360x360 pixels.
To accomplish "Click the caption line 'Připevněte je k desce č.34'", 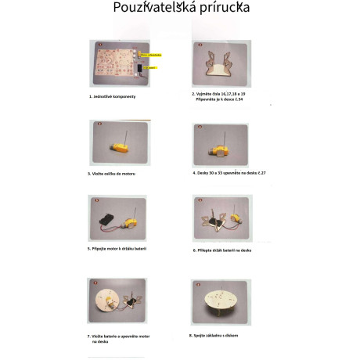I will click(222, 98).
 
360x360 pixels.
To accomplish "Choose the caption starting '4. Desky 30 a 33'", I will click(224, 173).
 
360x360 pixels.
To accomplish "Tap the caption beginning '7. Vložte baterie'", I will click(121, 336).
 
